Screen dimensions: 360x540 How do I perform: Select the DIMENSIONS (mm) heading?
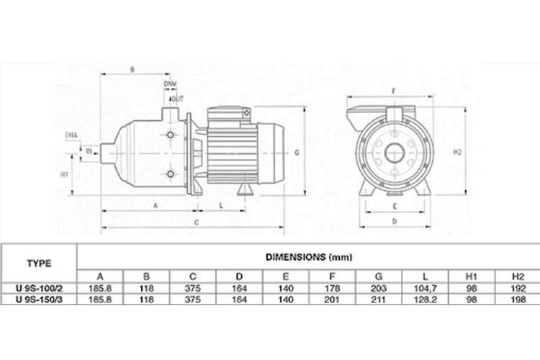click(308, 257)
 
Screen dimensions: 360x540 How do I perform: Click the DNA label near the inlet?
click(71, 135)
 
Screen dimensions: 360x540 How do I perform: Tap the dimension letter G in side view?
click(297, 153)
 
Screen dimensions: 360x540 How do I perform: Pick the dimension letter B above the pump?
click(132, 69)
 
